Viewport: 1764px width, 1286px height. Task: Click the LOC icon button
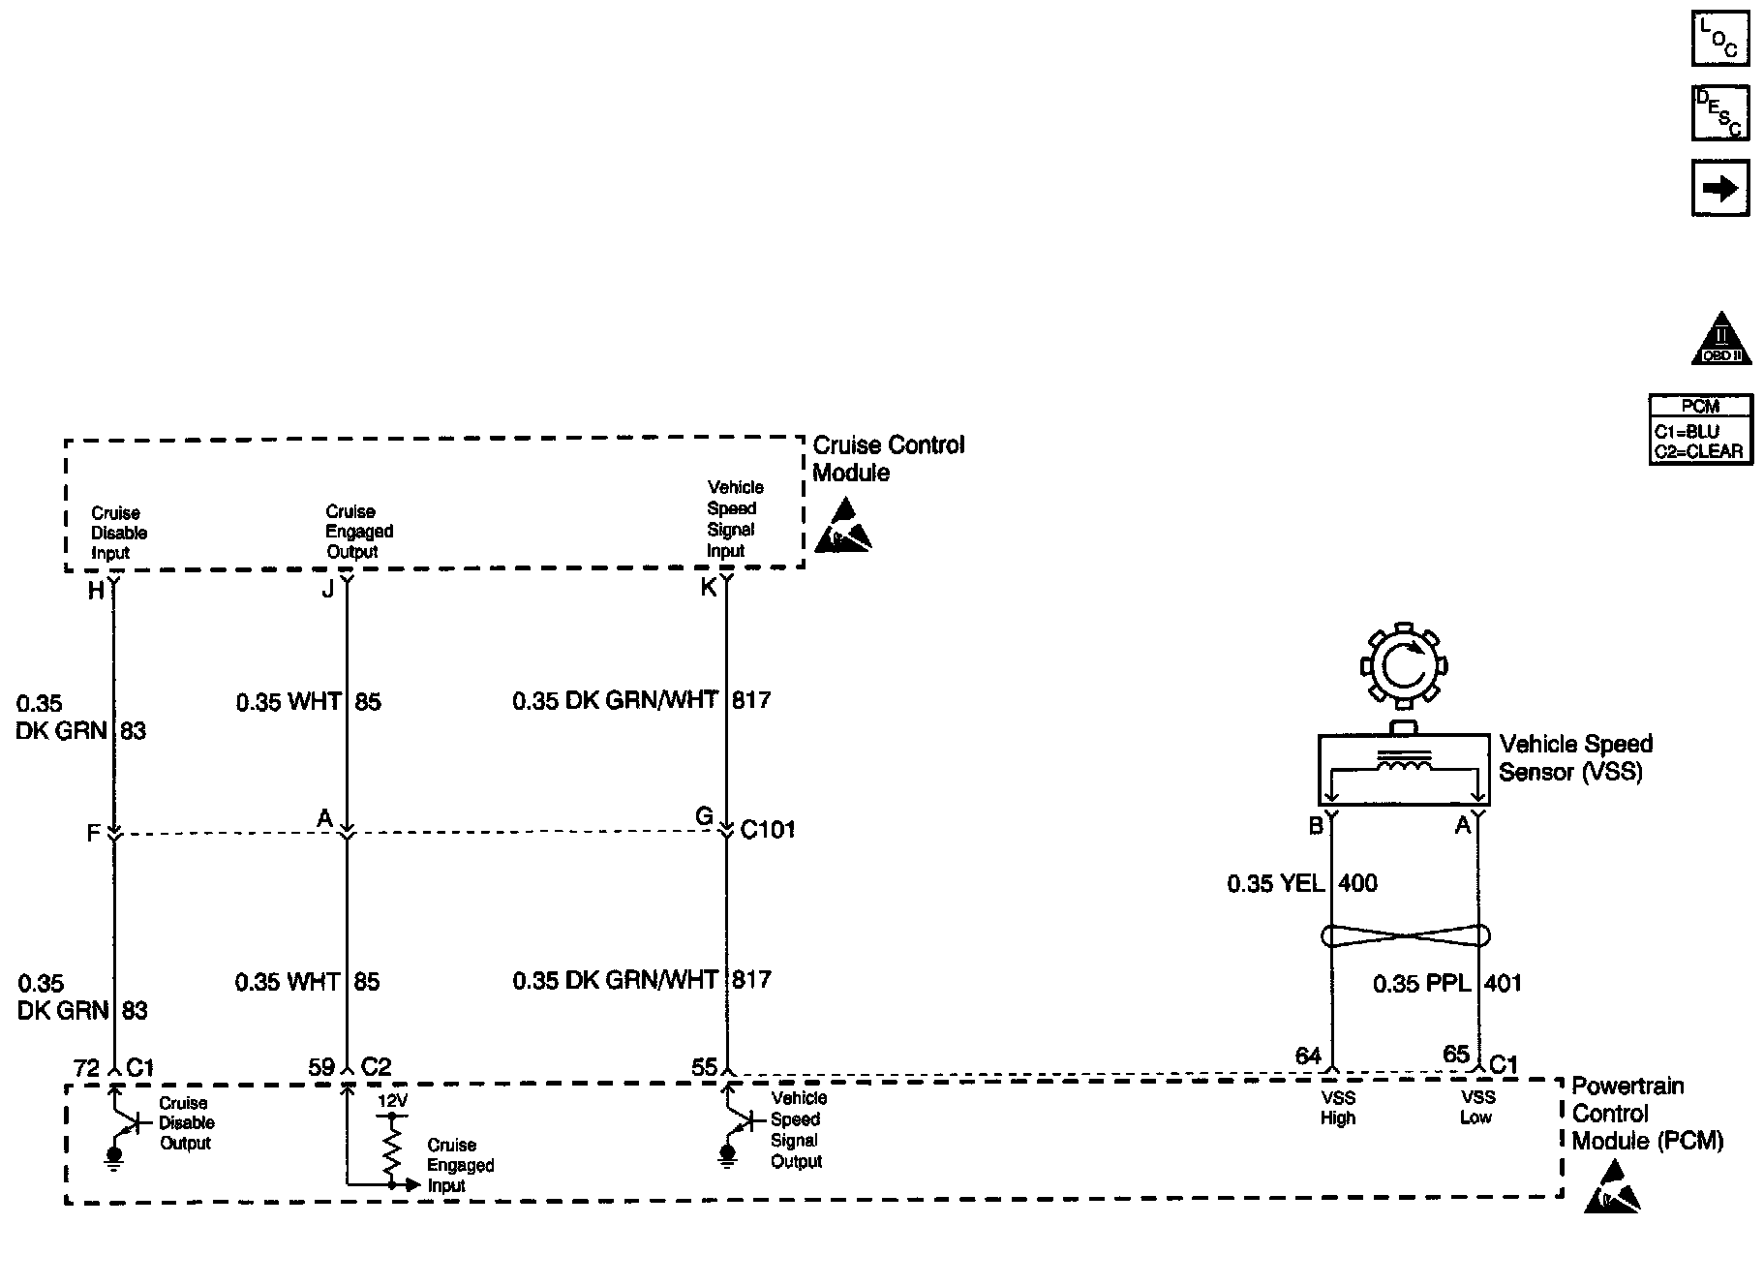tap(1719, 39)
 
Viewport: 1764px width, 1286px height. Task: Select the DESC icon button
tap(1719, 113)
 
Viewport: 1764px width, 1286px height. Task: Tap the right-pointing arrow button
tap(1719, 188)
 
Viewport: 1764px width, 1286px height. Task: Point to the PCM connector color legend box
tap(1700, 430)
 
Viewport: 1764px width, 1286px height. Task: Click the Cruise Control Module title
tap(888, 459)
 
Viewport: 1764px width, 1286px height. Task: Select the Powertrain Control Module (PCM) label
tap(1647, 1114)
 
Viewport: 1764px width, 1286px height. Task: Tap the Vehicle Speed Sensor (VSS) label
tap(1575, 758)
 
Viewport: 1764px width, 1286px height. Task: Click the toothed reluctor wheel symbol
tap(1403, 665)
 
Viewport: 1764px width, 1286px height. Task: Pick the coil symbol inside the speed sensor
tap(1403, 765)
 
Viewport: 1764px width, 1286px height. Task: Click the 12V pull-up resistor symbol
tap(392, 1148)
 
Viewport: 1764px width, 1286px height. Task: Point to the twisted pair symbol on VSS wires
tap(1405, 936)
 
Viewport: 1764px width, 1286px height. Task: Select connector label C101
tap(768, 830)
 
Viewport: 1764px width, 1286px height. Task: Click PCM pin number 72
tap(86, 1067)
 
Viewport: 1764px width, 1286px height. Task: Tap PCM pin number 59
tap(321, 1067)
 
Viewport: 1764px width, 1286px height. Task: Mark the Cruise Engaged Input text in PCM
tap(460, 1165)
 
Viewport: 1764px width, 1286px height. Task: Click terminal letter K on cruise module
tap(709, 588)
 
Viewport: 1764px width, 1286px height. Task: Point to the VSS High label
tap(1337, 1108)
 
